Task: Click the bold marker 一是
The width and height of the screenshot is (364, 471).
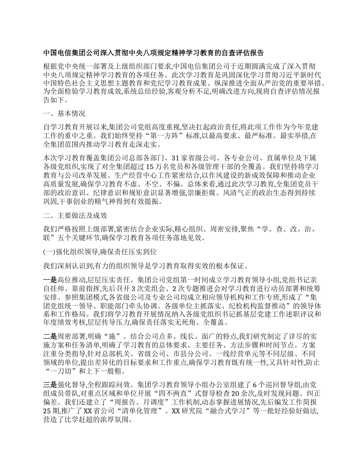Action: (50, 279)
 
